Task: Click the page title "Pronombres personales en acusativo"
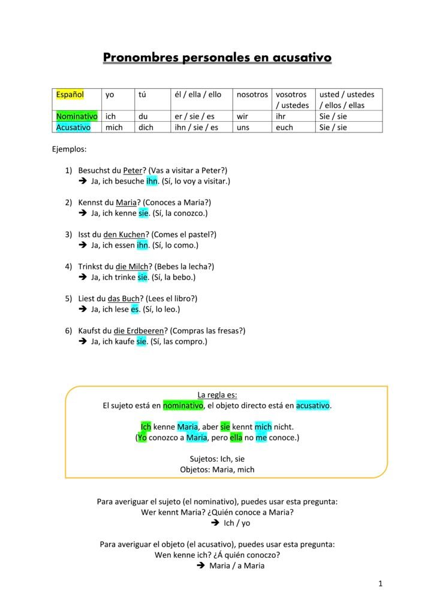click(x=217, y=58)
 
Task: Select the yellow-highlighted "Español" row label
click(x=70, y=95)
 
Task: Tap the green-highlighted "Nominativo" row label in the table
click(x=77, y=116)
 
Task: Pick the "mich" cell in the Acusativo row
click(x=114, y=127)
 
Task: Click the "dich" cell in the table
click(x=146, y=127)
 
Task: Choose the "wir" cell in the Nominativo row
click(x=243, y=116)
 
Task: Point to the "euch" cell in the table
click(x=284, y=127)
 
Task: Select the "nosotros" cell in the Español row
click(x=252, y=95)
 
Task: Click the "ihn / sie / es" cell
click(x=196, y=127)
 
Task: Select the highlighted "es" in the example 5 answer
click(x=135, y=309)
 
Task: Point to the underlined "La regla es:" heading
click(x=217, y=395)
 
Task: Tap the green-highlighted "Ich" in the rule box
click(x=146, y=427)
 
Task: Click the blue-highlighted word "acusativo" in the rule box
click(x=312, y=405)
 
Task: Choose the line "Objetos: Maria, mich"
click(x=217, y=469)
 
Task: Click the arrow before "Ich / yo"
click(x=215, y=523)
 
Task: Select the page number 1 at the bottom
click(x=380, y=583)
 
